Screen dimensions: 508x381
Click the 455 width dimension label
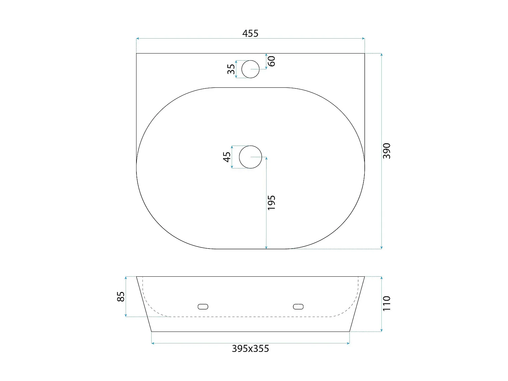[x=250, y=34]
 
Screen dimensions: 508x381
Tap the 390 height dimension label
[x=387, y=151]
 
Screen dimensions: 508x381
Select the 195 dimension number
[x=272, y=203]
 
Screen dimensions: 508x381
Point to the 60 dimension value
[x=272, y=61]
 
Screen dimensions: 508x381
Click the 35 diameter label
[x=231, y=69]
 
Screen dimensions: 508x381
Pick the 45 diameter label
[x=227, y=157]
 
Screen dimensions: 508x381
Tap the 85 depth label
[x=121, y=297]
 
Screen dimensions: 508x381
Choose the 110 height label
[x=387, y=303]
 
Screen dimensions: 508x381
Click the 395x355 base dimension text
[x=250, y=348]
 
